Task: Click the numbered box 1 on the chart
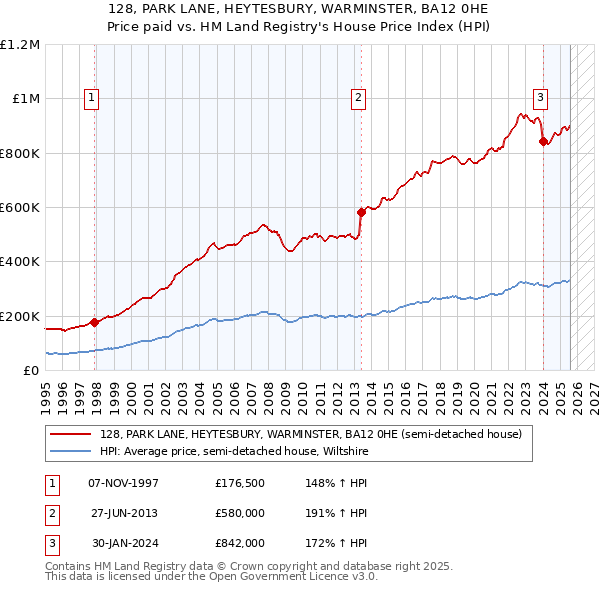click(91, 97)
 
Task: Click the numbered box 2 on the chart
click(357, 97)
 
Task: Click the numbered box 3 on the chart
click(540, 97)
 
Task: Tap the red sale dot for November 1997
click(94, 322)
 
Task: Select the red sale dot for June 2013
click(361, 212)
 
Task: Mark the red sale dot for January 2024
click(543, 141)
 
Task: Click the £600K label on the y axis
click(20, 208)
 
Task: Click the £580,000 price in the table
click(239, 513)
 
